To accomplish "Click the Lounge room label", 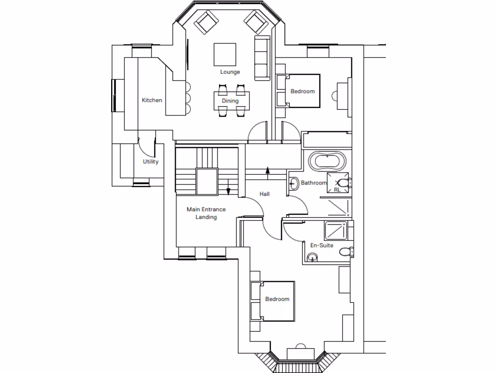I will tap(230, 72).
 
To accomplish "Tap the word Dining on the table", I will tap(230, 101).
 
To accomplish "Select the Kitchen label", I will tap(152, 100).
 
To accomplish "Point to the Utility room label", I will tap(150, 162).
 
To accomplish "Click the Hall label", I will tap(265, 194).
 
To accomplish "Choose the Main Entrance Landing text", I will tap(206, 213).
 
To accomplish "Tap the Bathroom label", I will tap(314, 183).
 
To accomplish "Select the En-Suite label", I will tap(322, 245).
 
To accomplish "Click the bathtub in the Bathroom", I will tap(328, 160).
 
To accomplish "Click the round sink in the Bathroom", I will tap(294, 184).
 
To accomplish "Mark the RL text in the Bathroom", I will tap(337, 190).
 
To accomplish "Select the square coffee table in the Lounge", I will tap(225, 54).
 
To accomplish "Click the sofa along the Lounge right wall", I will tap(262, 57).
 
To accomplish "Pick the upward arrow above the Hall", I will tap(267, 170).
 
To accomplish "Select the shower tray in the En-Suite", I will tap(336, 230).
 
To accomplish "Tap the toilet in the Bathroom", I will tap(344, 183).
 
